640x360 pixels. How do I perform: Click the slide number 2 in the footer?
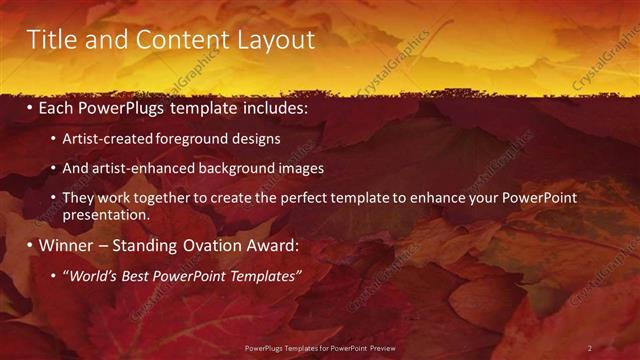(589, 348)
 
